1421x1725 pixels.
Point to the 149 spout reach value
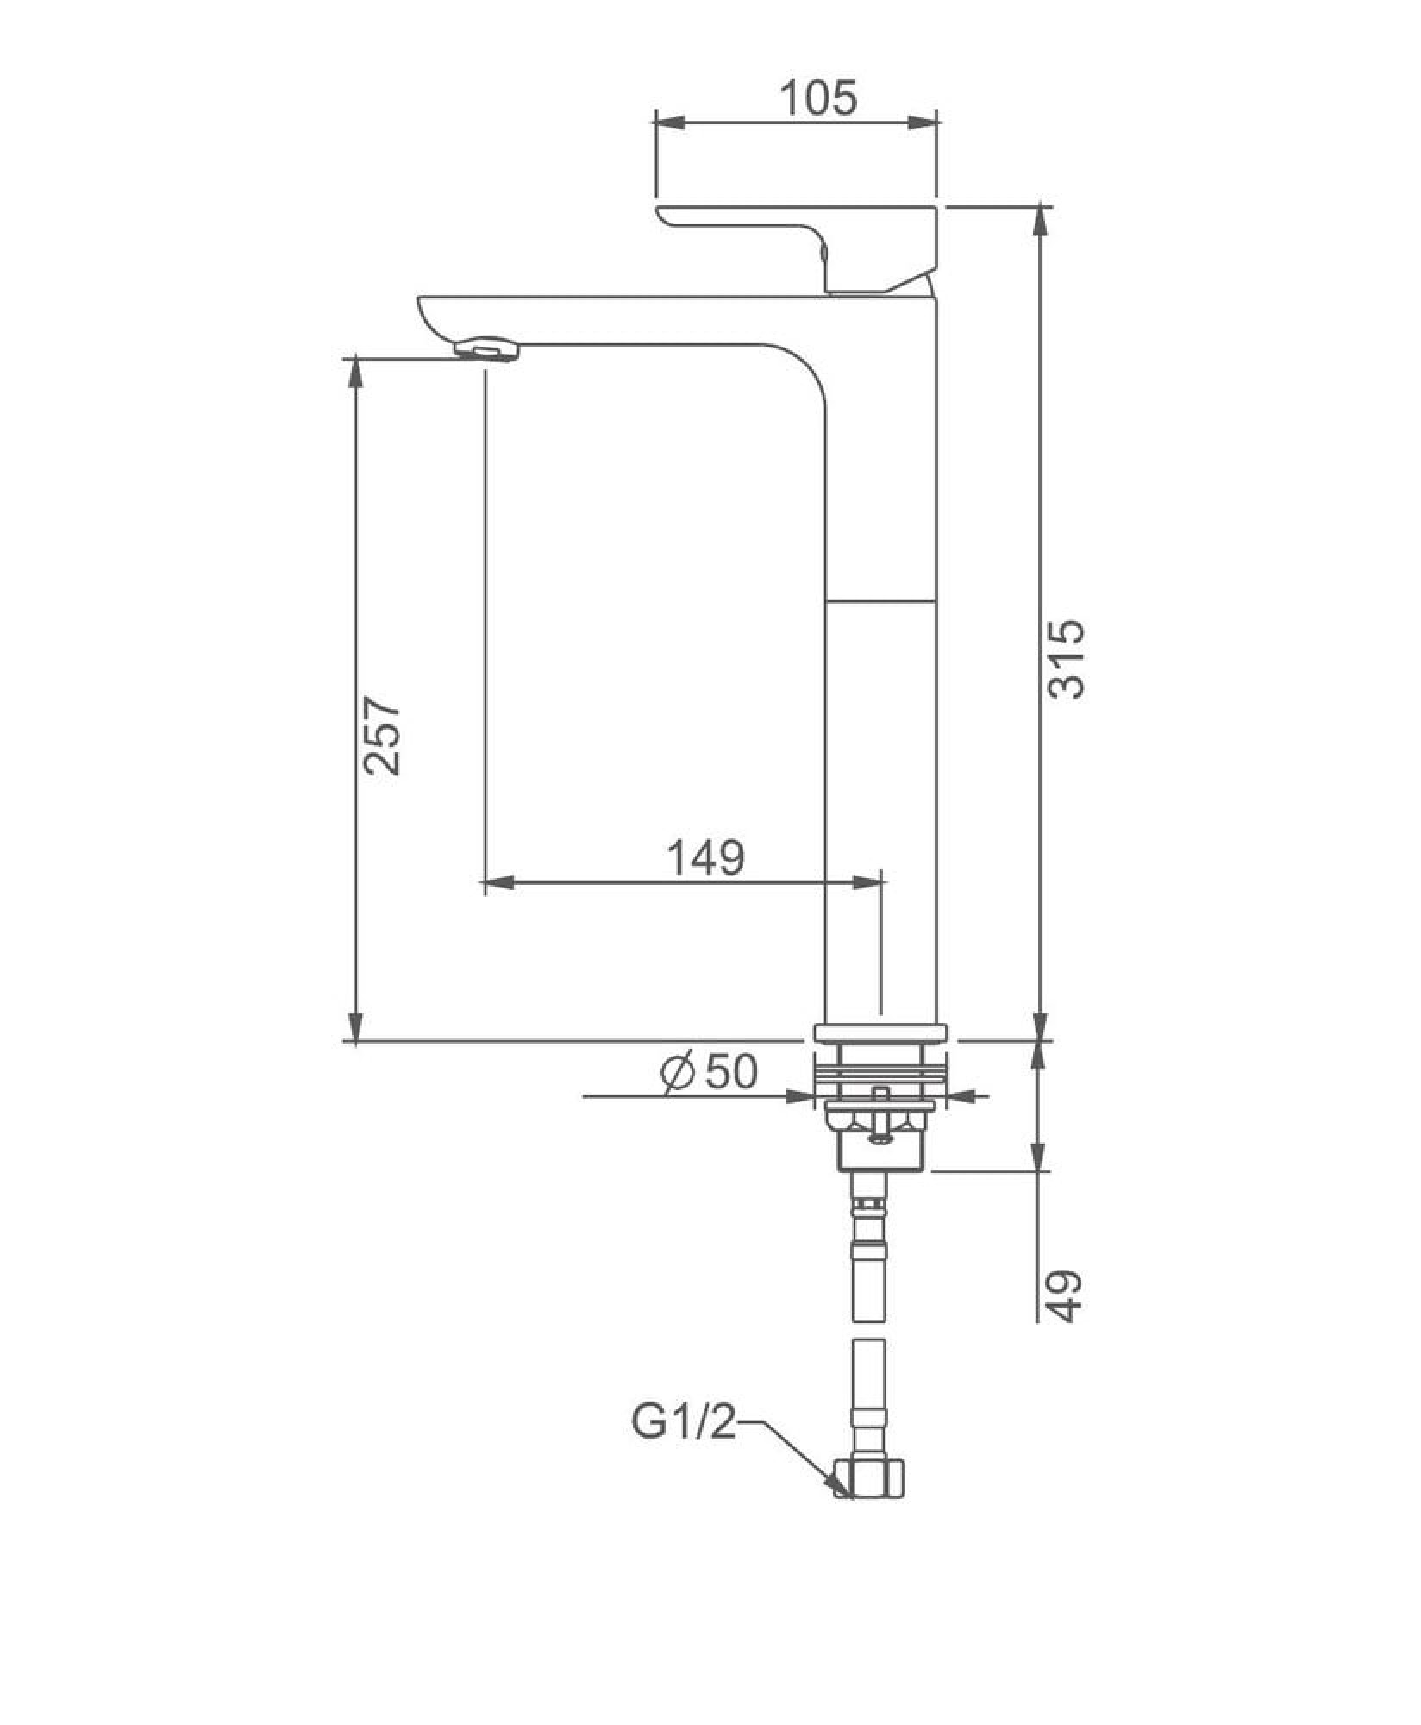[x=705, y=857]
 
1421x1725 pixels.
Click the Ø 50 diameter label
[x=709, y=1072]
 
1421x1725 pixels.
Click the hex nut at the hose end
[x=871, y=1477]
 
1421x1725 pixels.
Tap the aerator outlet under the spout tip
[x=487, y=350]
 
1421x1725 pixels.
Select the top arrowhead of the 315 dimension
[x=1042, y=221]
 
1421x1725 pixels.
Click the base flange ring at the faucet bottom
[x=880, y=1032]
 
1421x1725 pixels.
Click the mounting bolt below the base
[x=879, y=1116]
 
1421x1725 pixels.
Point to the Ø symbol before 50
[x=677, y=1073]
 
